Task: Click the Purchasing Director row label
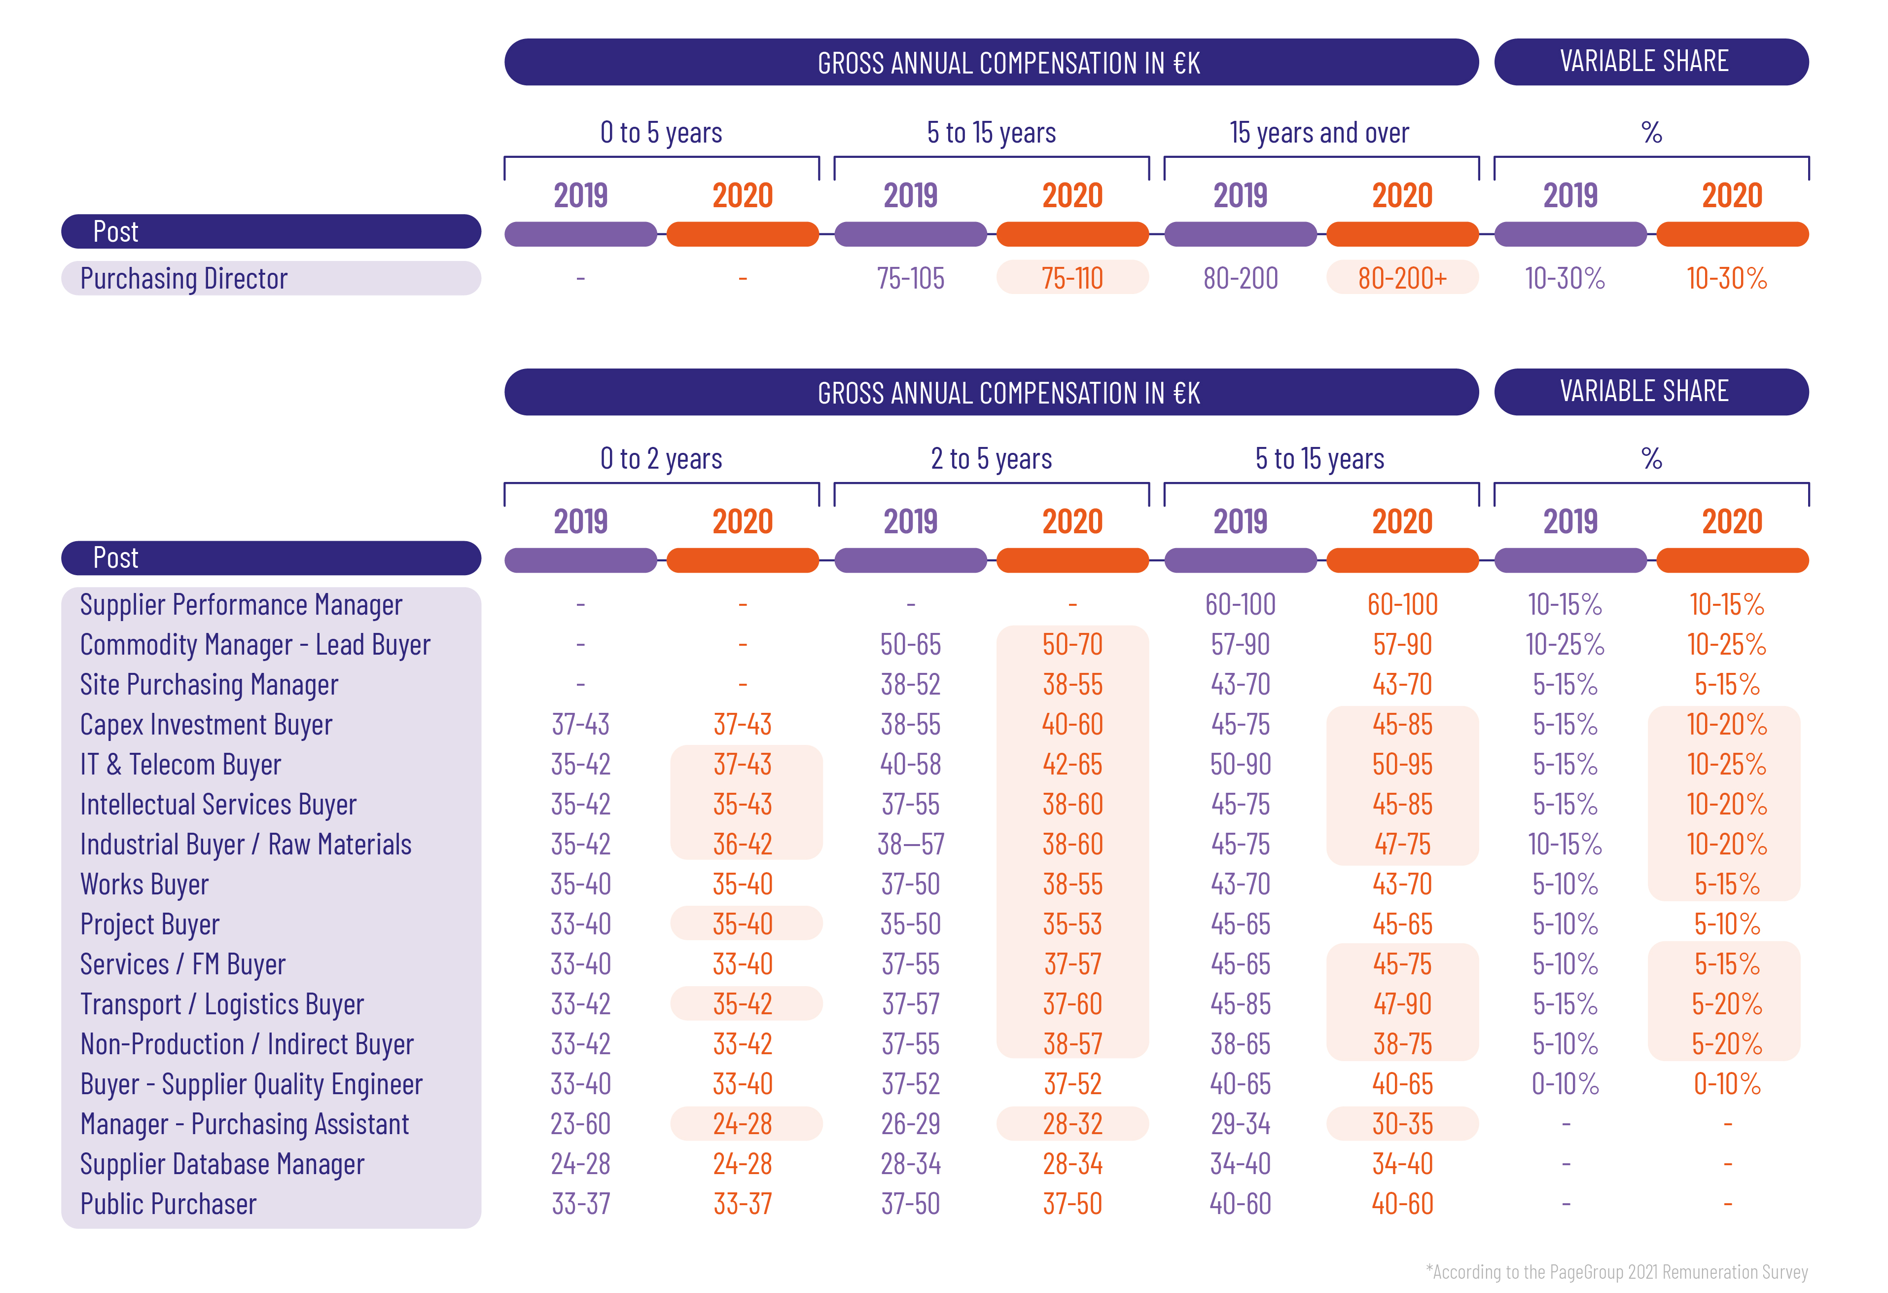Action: pos(183,279)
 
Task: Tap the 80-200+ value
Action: pos(1402,279)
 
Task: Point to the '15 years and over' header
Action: pos(1319,133)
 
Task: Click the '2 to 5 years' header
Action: pos(991,459)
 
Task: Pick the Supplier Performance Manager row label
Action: pos(241,605)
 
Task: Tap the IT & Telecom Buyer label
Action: pos(180,765)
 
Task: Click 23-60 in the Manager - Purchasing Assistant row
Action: pos(580,1124)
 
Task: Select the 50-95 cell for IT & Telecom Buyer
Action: pos(1402,765)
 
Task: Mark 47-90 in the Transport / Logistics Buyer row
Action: pos(1402,1004)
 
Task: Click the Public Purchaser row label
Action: pos(168,1204)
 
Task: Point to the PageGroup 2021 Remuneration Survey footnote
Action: pos(1617,1272)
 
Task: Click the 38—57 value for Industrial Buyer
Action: pos(911,845)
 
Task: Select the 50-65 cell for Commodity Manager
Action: pos(911,644)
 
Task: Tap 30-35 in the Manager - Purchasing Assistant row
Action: pos(1402,1124)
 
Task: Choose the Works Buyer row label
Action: pos(144,884)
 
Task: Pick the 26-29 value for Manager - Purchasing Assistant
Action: pos(911,1124)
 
